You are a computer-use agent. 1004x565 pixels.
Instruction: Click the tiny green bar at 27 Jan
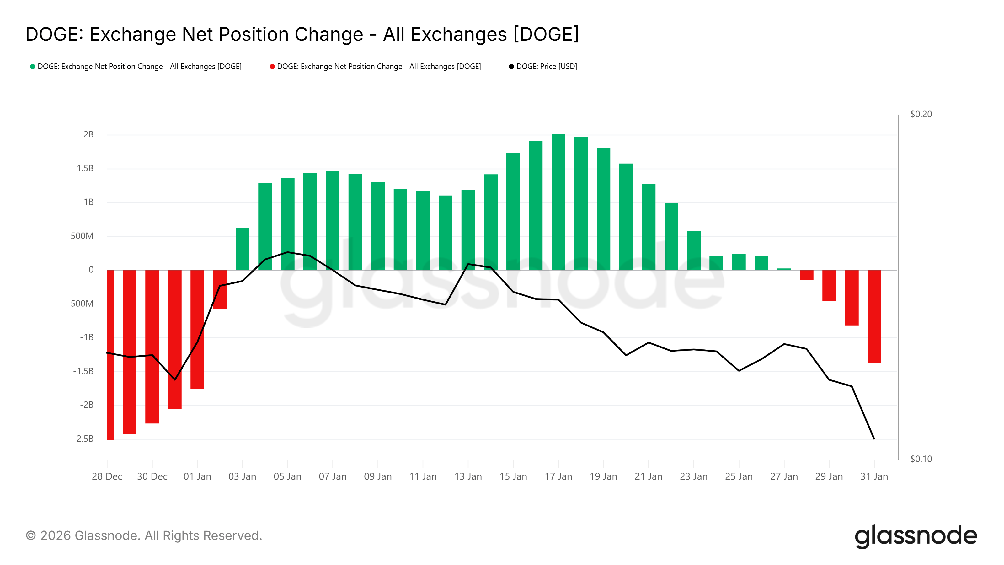click(784, 269)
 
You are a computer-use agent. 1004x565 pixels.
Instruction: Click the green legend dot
click(33, 67)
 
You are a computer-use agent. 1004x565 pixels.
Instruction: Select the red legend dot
click(272, 67)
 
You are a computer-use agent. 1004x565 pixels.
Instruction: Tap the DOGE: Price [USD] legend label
click(547, 67)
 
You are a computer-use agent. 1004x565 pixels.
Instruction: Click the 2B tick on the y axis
click(88, 135)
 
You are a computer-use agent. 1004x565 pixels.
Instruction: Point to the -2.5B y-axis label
click(83, 439)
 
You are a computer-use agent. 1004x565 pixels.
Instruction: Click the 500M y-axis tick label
click(82, 236)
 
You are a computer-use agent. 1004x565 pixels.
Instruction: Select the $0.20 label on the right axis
click(921, 114)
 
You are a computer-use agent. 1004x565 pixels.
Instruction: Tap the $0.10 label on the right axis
click(921, 459)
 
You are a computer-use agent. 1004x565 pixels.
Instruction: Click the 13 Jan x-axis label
click(468, 476)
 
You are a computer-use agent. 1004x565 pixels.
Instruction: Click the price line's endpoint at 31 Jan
click(874, 439)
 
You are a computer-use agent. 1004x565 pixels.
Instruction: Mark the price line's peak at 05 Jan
click(288, 252)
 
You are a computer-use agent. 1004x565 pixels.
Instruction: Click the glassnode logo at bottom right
click(916, 536)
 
